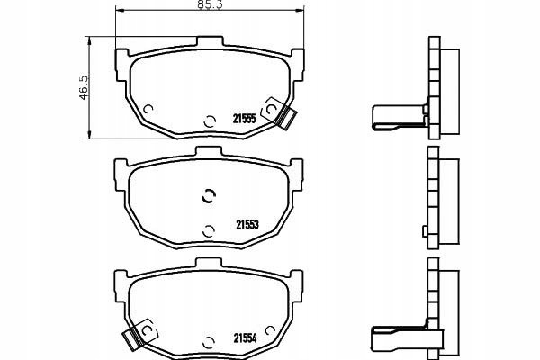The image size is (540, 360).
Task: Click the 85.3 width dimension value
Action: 210,4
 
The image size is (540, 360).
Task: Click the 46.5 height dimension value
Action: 85,87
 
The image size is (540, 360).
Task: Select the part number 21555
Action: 245,119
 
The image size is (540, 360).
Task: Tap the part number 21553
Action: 247,225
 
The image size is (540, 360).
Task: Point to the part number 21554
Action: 245,338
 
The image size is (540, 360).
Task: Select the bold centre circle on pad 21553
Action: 209,196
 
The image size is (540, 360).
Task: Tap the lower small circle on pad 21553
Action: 209,231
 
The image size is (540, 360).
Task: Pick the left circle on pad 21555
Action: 148,109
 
